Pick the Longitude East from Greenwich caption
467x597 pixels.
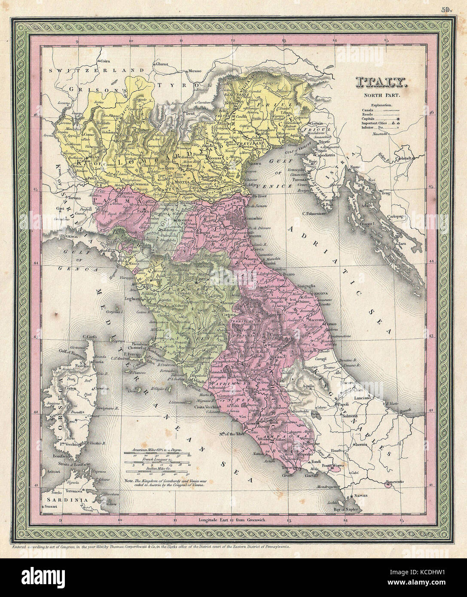[x=233, y=520]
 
